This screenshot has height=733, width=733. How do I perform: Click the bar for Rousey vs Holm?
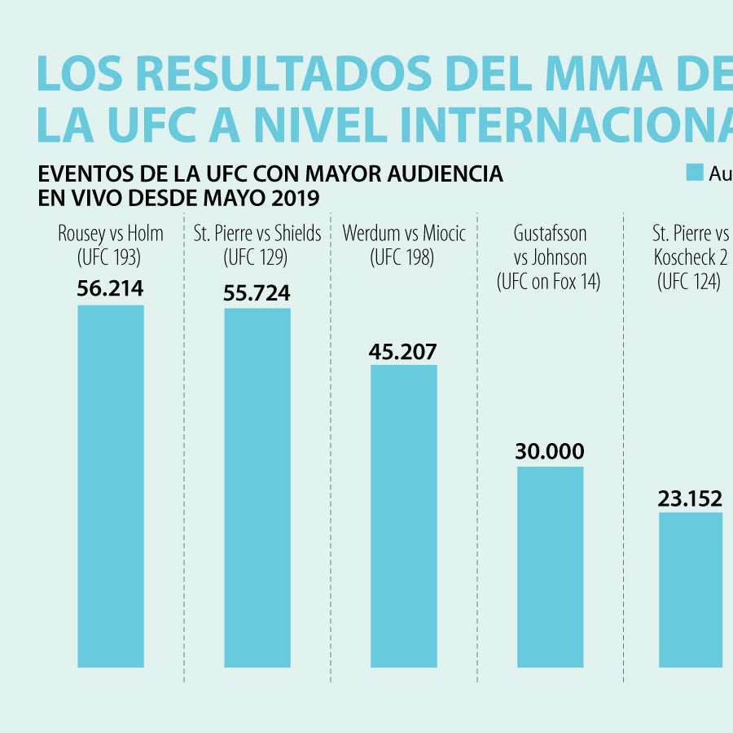[x=111, y=486]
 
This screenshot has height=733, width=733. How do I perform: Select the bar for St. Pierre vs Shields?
[x=257, y=488]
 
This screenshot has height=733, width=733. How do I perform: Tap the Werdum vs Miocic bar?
[x=404, y=516]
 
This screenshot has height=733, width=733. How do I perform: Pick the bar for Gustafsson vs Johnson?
[x=551, y=567]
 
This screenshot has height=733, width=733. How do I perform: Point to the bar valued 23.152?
[x=691, y=590]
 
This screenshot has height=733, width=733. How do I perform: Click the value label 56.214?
[x=110, y=289]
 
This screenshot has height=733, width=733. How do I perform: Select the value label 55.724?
[x=257, y=293]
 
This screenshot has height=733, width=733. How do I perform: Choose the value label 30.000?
[x=550, y=452]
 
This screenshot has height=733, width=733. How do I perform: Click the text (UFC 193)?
[x=110, y=258]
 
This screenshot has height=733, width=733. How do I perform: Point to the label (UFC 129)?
[x=257, y=258]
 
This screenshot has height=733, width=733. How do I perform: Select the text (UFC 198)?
[x=403, y=258]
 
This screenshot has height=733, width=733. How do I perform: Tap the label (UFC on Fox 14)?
[x=550, y=282]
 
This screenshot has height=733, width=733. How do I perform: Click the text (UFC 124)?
[x=689, y=282]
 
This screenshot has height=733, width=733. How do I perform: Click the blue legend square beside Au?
[x=694, y=172]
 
